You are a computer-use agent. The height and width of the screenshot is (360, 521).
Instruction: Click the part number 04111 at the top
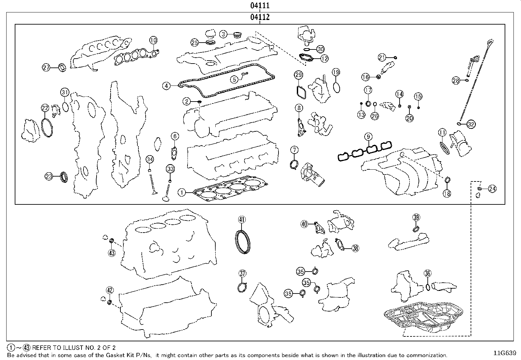pyautogui.click(x=260, y=5)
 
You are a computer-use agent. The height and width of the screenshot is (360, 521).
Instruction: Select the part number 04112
pyautogui.click(x=260, y=17)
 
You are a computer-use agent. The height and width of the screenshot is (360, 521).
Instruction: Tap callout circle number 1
pyautogui.click(x=182, y=193)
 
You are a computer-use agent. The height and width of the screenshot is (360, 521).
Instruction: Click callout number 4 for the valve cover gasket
pyautogui.click(x=166, y=86)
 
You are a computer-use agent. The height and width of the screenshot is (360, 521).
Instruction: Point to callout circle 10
pyautogui.click(x=153, y=40)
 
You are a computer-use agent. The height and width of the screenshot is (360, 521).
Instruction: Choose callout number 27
pyautogui.click(x=46, y=67)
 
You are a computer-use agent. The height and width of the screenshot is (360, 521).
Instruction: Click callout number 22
pyautogui.click(x=45, y=108)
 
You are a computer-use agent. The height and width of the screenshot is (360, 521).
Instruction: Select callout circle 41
pyautogui.click(x=242, y=219)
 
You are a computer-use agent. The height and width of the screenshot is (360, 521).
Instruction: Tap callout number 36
pyautogui.click(x=428, y=273)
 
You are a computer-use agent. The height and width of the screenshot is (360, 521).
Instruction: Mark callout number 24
pyautogui.click(x=493, y=189)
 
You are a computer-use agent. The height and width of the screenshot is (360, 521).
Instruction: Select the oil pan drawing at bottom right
pyautogui.click(x=423, y=318)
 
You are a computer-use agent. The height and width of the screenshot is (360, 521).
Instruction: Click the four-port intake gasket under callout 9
pyautogui.click(x=365, y=151)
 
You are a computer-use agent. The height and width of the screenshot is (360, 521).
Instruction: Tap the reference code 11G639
pyautogui.click(x=505, y=353)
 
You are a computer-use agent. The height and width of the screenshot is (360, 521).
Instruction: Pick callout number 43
pyautogui.click(x=112, y=253)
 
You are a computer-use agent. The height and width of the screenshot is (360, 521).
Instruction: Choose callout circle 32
pyautogui.click(x=471, y=124)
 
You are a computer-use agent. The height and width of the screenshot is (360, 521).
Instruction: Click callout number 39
pyautogui.click(x=416, y=217)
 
